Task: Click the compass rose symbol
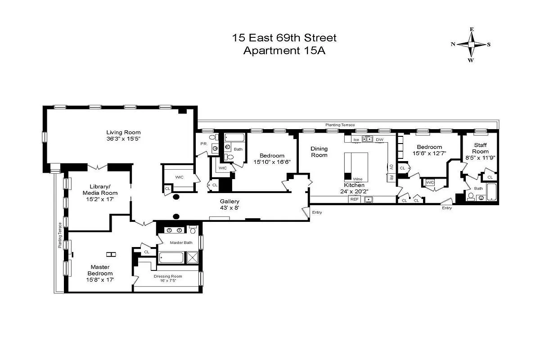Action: [471, 45]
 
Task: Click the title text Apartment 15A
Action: [284, 50]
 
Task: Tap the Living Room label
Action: [123, 132]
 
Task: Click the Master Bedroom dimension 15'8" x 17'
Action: [99, 279]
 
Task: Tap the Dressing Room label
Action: [167, 276]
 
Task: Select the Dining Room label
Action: [319, 152]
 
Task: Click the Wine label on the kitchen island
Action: [358, 179]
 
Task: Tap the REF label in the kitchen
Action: [355, 199]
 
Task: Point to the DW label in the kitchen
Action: [380, 139]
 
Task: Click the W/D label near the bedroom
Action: [430, 182]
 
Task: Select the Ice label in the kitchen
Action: [356, 139]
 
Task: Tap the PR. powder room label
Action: [203, 144]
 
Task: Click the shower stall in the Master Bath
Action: [193, 258]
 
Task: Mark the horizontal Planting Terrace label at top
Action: [340, 125]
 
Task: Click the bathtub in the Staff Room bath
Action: [491, 192]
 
